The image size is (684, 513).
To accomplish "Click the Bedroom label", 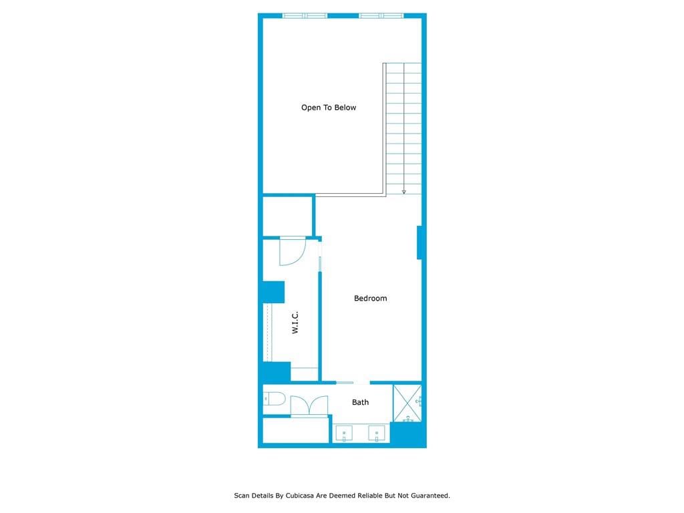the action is click(x=370, y=299).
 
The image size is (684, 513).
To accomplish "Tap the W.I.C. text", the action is click(x=295, y=323).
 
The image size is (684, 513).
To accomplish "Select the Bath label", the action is click(x=360, y=402).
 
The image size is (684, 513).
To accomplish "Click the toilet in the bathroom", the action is click(x=274, y=399).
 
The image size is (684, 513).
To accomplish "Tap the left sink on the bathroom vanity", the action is click(x=344, y=434).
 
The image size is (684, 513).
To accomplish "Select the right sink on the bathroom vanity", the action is click(x=377, y=434).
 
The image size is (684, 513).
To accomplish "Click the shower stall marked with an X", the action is click(x=407, y=403).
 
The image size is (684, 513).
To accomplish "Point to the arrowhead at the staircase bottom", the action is click(x=404, y=192).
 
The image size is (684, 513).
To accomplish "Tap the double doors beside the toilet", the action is click(x=309, y=405).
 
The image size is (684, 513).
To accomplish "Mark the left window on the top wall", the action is click(x=305, y=16).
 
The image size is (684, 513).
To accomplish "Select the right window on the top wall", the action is click(x=381, y=16).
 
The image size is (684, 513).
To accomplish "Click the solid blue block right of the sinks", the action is click(x=408, y=434).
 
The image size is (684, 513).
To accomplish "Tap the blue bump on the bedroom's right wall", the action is click(x=419, y=242).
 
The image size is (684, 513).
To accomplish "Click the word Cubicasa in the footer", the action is click(x=301, y=496).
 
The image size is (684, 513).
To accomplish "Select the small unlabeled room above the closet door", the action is click(x=287, y=217).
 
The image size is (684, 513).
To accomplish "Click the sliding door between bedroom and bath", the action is click(x=345, y=383).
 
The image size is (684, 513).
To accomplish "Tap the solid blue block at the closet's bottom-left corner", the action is click(x=277, y=372).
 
